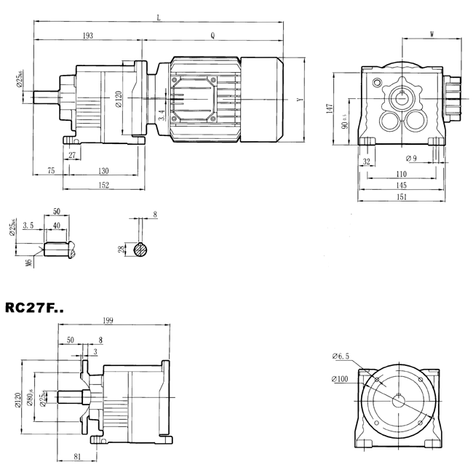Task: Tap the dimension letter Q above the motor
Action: pos(212,35)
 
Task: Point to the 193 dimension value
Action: pos(87,35)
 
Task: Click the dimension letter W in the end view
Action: pos(432,34)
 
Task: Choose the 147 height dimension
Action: pos(330,108)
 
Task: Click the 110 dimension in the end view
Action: pos(402,175)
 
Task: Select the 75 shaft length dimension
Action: pos(51,170)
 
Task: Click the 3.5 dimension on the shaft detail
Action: pos(28,226)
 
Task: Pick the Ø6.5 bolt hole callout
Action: pos(341,356)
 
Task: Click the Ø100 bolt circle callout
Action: pos(341,379)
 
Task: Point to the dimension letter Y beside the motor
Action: pos(299,99)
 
